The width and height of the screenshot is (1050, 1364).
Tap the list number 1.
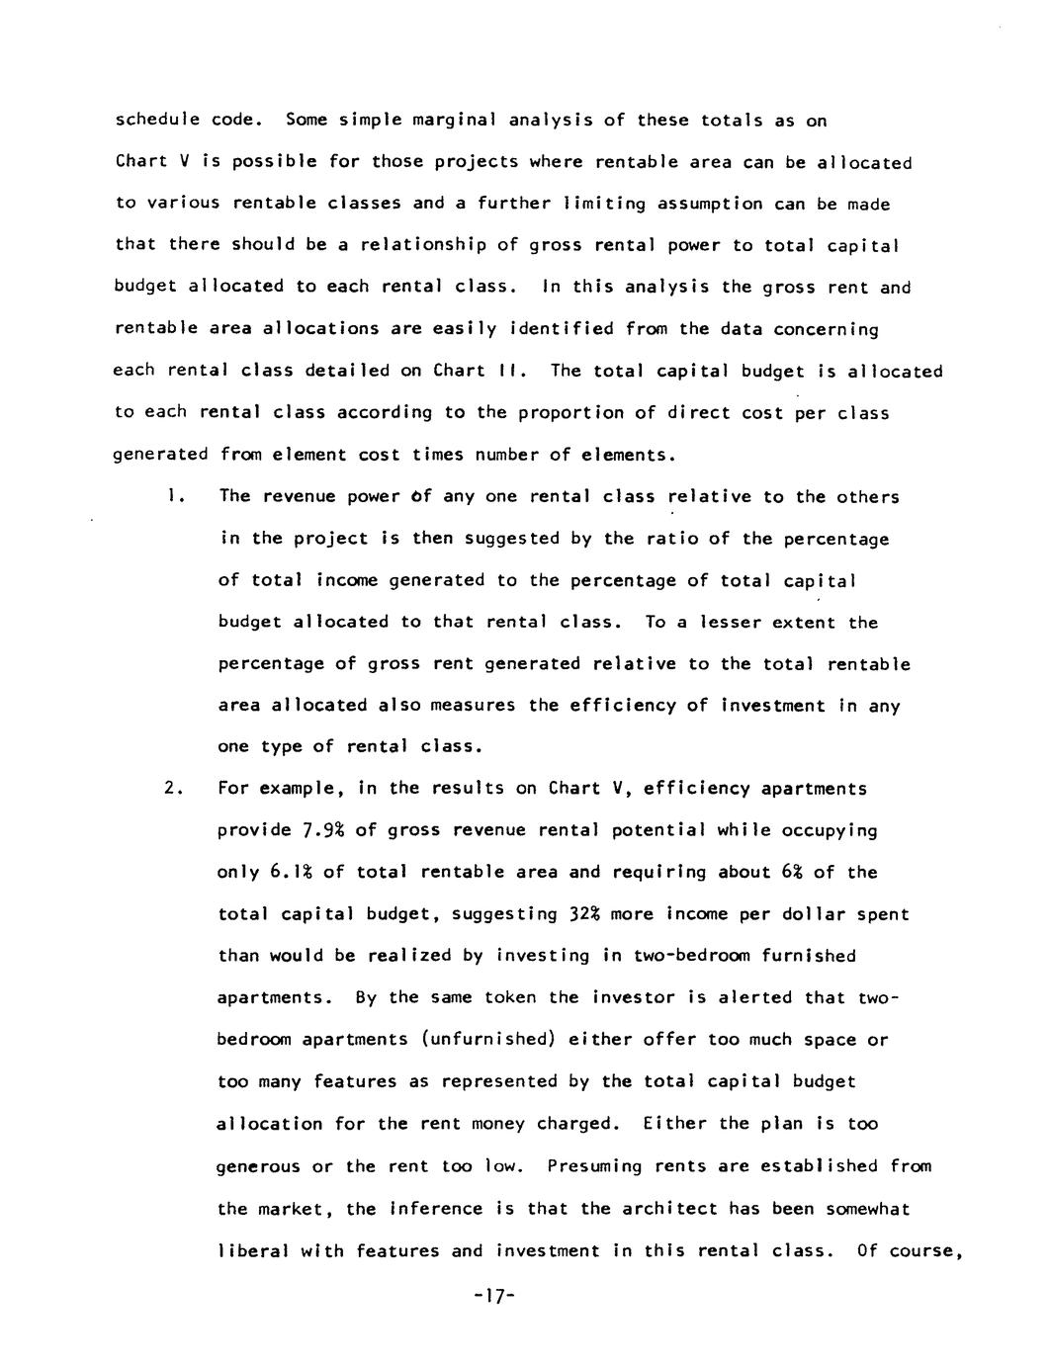pyautogui.click(x=173, y=496)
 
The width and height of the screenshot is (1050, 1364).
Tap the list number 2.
pyautogui.click(x=173, y=789)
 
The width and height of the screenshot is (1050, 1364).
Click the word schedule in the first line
pyautogui.click(x=157, y=121)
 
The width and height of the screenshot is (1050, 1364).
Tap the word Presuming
pyautogui.click(x=594, y=1166)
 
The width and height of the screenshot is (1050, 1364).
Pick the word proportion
pyautogui.click(x=530, y=413)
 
